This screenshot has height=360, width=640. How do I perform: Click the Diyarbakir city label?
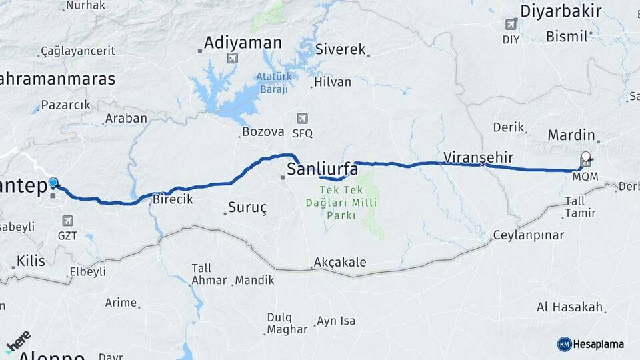561,11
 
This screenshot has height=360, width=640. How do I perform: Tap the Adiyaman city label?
243,43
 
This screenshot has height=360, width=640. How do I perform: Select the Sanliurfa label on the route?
322,169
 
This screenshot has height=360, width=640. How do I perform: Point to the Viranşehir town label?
479,157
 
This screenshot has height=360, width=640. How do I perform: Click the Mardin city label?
571,135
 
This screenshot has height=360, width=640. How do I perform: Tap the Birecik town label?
173,199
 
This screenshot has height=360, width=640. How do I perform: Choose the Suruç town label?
247,207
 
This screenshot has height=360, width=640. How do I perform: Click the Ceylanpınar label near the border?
529,235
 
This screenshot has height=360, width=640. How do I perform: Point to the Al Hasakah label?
570,307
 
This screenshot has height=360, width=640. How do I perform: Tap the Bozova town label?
263,131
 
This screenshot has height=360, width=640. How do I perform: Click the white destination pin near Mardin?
585,158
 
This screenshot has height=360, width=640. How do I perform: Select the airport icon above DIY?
511,25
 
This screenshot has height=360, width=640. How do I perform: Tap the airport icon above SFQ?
302,118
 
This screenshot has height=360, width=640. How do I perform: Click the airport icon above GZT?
67,221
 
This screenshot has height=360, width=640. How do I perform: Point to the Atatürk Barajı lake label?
273,83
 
